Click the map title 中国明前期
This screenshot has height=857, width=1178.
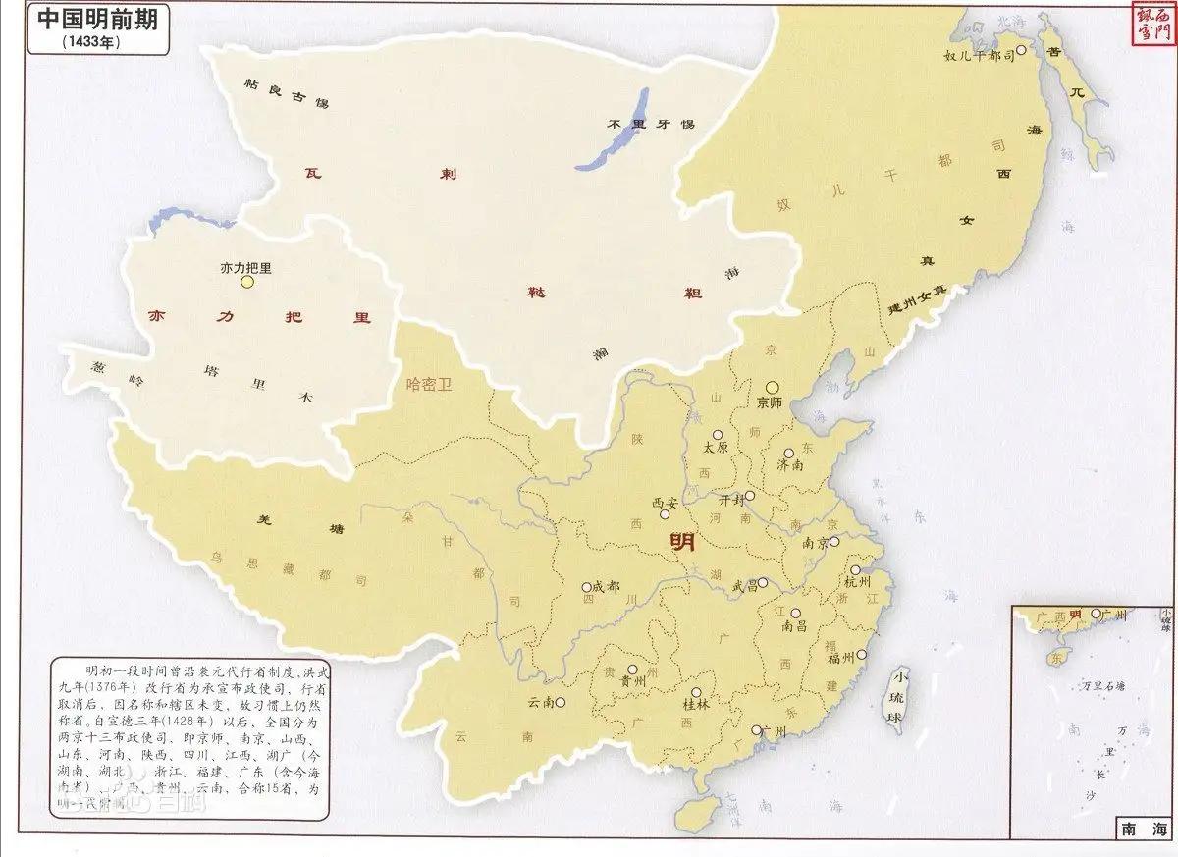tap(87, 22)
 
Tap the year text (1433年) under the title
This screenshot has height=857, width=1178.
tap(87, 43)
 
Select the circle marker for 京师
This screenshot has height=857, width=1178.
tap(773, 387)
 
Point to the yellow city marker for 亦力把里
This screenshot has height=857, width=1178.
tap(247, 283)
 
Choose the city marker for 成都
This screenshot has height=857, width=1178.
tap(586, 586)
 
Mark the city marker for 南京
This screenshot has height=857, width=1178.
tap(834, 541)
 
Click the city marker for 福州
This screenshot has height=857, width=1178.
tap(861, 655)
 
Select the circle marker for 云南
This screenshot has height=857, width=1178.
tap(561, 702)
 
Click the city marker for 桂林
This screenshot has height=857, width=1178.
tap(695, 692)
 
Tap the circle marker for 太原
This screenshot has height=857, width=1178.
tap(718, 434)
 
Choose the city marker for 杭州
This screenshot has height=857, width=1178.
tap(856, 569)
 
